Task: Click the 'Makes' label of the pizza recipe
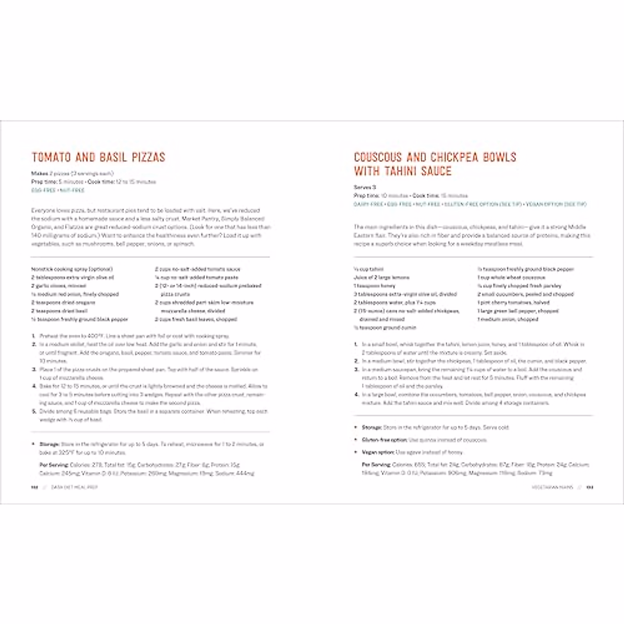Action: pos(40,173)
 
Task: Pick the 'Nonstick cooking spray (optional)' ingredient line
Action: pos(72,269)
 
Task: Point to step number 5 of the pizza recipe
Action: pos(34,411)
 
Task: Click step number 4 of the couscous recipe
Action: pos(356,395)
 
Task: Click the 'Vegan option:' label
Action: pos(378,452)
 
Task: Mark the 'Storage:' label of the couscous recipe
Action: pos(372,427)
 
